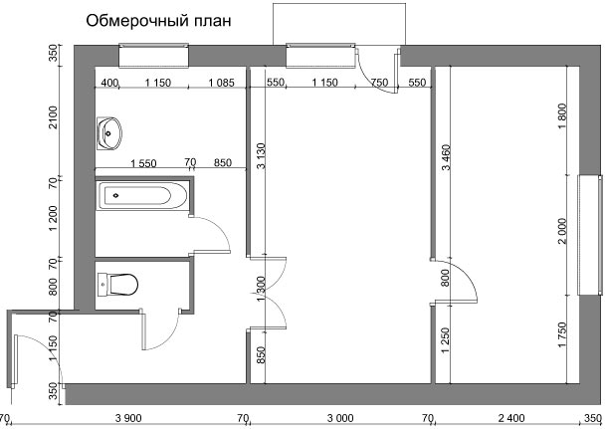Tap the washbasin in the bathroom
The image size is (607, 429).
tap(109, 133)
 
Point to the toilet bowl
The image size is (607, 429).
tap(117, 285)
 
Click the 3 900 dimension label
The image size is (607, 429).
tap(128, 418)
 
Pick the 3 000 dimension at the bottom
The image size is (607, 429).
tap(340, 418)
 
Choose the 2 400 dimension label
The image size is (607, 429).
tap(511, 418)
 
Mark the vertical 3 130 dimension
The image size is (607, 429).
tap(262, 156)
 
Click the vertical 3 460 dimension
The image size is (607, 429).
tap(446, 157)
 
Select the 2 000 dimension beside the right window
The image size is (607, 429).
tap(562, 231)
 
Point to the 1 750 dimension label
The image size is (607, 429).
tap(562, 335)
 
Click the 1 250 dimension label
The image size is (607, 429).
tap(446, 340)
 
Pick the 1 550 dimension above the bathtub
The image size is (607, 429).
tap(143, 163)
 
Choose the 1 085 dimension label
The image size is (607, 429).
tap(222, 83)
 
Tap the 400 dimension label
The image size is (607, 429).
tap(109, 83)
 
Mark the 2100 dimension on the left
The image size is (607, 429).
tap(53, 117)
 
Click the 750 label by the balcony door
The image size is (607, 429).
tap(379, 83)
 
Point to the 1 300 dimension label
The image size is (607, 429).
tap(262, 289)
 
